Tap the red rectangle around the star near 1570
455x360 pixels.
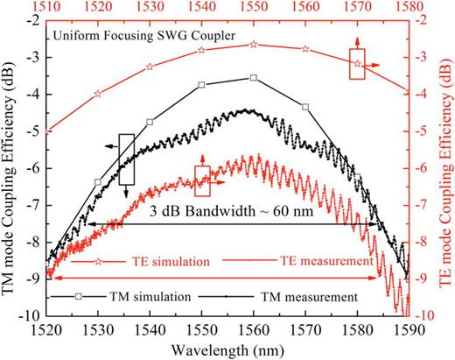[x=357, y=63]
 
